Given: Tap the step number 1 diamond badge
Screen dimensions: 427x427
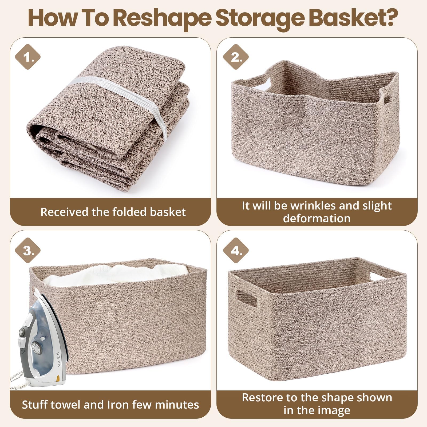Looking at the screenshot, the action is (x=28, y=57).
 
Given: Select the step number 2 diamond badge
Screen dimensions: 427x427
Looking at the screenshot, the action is (x=236, y=57).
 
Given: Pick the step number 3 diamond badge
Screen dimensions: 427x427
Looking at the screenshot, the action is (x=28, y=251).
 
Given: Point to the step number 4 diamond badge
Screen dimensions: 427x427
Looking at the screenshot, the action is (x=236, y=251).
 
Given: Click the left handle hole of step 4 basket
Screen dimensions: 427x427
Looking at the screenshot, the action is (x=247, y=297).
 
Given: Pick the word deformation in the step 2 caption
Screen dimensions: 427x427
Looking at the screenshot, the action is (x=317, y=219).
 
